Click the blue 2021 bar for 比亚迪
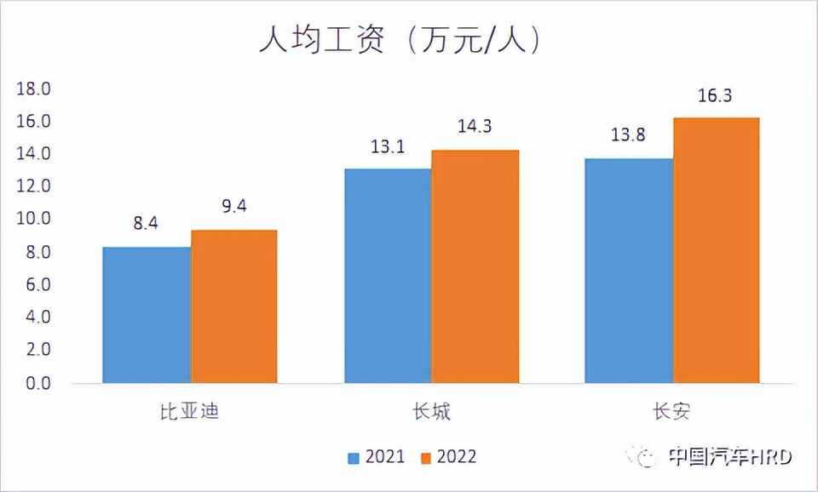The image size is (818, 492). [x=147, y=315]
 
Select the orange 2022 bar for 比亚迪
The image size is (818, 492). [x=233, y=306]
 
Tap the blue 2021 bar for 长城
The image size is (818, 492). [x=388, y=276]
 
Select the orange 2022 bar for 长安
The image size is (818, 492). [x=716, y=250]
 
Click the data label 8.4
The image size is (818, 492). [x=146, y=226]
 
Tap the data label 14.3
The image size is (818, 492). [x=475, y=128]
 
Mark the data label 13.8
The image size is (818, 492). [x=629, y=136]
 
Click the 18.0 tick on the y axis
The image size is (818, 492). [x=35, y=89]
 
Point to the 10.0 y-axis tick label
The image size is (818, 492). [x=35, y=220]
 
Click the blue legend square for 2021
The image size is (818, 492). [x=354, y=458]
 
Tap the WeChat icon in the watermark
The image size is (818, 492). [x=645, y=457]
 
